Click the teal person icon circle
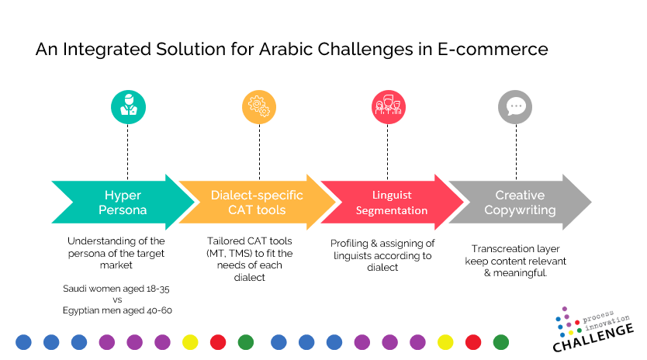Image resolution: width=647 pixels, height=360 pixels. pos(128,107)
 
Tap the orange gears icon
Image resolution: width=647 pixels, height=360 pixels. pos(258,107)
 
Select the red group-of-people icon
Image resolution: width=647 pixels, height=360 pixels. pos(389,107)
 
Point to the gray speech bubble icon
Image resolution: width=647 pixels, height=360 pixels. pos(515,107)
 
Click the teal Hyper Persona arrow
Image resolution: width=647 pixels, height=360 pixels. pos(123,202)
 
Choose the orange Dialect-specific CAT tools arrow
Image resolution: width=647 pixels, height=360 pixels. pos(258,202)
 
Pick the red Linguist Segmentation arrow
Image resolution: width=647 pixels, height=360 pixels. pos(392,202)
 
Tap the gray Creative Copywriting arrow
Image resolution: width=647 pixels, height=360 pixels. pos(520,202)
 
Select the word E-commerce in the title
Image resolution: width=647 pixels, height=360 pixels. pos(493,49)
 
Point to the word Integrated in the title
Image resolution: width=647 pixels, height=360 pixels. pos(107,50)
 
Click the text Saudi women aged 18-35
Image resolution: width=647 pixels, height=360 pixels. pos(116,289)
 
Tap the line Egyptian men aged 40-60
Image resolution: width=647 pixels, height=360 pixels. pos(117,310)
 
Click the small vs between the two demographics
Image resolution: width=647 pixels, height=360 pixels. pos(117,299)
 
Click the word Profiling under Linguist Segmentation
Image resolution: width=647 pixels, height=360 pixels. pos(349,244)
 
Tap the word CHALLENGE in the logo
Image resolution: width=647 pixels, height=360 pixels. pos(593,337)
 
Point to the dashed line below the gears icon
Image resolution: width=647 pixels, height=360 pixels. pos(259,152)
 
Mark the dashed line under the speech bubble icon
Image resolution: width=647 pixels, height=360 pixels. pos(516,152)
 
